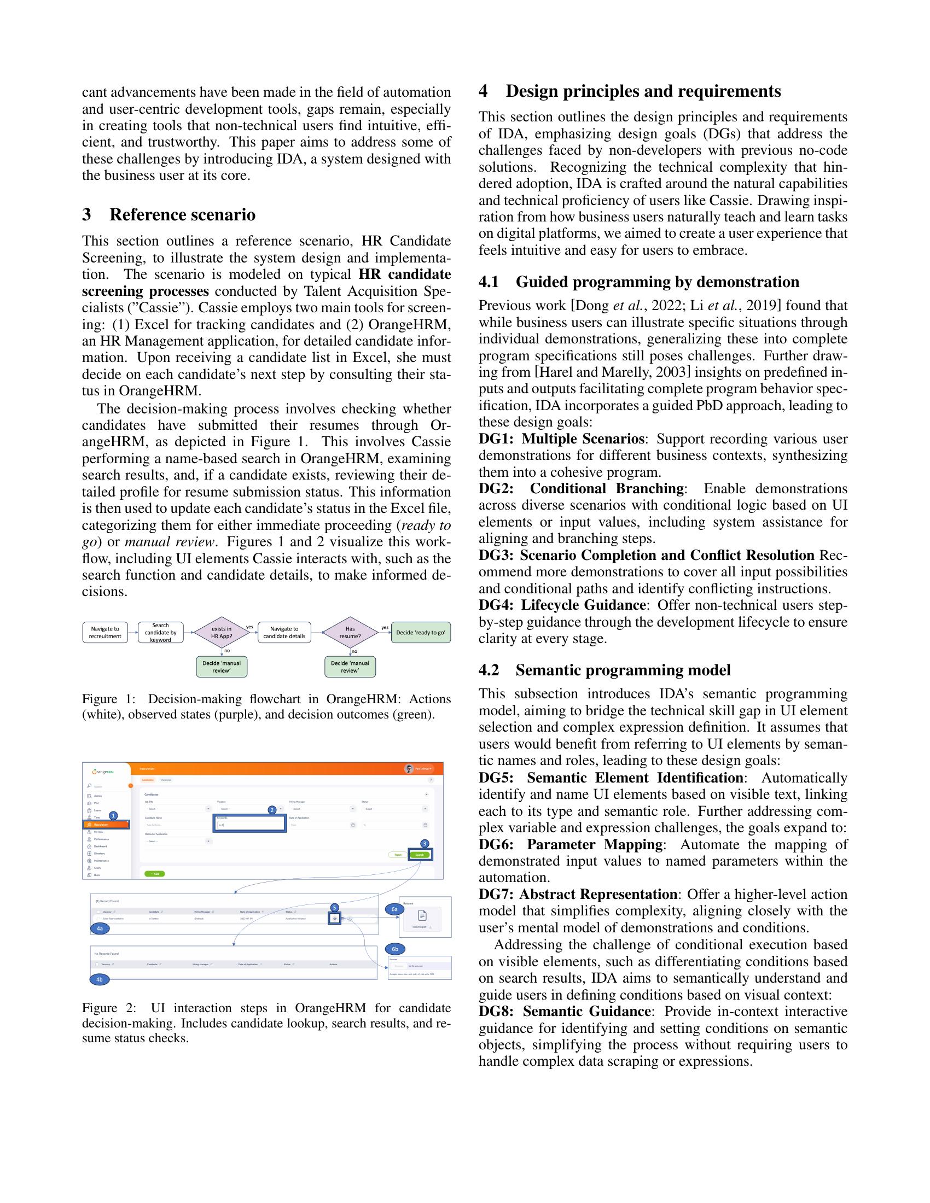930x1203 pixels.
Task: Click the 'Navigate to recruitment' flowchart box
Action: (x=104, y=632)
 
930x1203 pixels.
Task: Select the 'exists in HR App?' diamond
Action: (x=222, y=632)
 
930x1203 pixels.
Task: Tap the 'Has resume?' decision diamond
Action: (x=350, y=632)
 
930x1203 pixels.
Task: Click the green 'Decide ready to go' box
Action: (x=420, y=632)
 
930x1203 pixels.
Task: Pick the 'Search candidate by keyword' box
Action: (x=160, y=632)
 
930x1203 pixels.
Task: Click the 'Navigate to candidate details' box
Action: (x=284, y=632)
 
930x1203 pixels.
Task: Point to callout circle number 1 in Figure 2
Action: (x=113, y=815)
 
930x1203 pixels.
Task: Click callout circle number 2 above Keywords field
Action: (x=272, y=810)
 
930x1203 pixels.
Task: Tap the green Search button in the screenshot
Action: (x=420, y=855)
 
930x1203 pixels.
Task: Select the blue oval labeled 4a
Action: (x=100, y=928)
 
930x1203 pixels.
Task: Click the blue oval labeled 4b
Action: (x=100, y=979)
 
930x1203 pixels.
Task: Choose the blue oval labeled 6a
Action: (x=394, y=909)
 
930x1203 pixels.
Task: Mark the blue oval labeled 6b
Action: (x=394, y=949)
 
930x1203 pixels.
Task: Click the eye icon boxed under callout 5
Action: (x=334, y=918)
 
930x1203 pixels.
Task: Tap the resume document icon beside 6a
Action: (x=422, y=915)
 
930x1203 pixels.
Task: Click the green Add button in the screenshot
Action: (x=154, y=874)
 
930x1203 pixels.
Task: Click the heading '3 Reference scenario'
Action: (x=168, y=214)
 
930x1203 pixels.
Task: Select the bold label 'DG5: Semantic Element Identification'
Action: (x=611, y=778)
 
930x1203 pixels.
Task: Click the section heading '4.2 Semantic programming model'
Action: (x=605, y=670)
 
